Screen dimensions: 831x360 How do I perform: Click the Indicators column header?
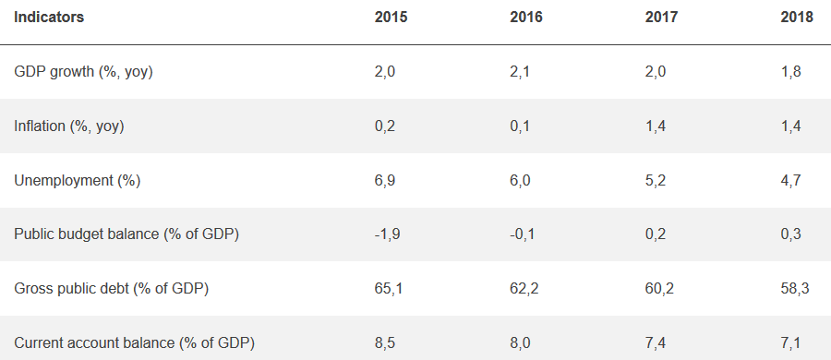coord(49,18)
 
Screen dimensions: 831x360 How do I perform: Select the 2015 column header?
coord(391,18)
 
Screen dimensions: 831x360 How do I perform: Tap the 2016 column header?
coord(526,18)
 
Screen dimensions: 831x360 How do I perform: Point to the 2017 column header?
coord(661,18)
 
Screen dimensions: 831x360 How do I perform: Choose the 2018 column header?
coord(797,18)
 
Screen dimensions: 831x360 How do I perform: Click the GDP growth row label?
coord(83,72)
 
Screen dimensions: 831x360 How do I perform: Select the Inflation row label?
coord(69,126)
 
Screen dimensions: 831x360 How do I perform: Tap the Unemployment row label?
coord(77,181)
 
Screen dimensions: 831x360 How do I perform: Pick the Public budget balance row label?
coord(126,234)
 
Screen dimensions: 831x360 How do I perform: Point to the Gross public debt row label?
coord(112,289)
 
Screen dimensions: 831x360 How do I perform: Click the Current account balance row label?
coord(134,343)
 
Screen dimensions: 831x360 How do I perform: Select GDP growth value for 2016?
coord(520,72)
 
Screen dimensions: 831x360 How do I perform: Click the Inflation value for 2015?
coord(385,126)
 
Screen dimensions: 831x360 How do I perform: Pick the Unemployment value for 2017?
coord(655,181)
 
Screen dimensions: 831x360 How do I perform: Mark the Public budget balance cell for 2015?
coord(387,234)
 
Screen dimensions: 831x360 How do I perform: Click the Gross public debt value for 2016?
coord(524,289)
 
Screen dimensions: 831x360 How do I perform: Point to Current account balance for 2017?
coord(655,343)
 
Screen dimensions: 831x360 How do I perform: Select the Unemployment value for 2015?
coord(385,181)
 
